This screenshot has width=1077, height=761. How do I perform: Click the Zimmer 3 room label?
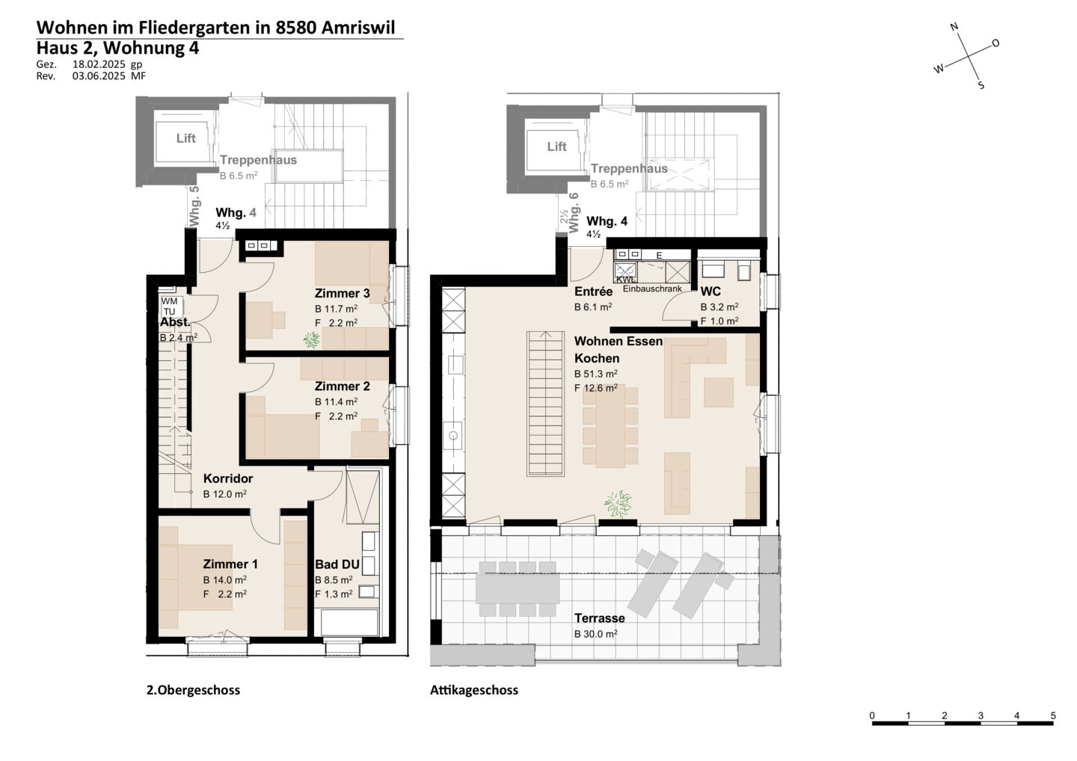click(342, 293)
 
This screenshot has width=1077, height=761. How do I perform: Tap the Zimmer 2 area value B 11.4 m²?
click(336, 401)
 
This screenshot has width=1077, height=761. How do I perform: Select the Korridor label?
click(228, 478)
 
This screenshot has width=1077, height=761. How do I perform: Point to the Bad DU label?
click(337, 564)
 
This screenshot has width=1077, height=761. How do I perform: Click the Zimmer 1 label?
click(230, 564)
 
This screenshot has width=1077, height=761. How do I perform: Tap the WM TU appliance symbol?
click(170, 306)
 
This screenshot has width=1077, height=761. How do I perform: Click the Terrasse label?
click(600, 617)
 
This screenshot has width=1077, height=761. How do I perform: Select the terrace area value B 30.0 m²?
click(595, 634)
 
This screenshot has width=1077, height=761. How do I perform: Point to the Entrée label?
click(593, 292)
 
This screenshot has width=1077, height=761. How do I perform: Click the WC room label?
click(711, 292)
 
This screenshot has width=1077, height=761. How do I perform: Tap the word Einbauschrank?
click(652, 289)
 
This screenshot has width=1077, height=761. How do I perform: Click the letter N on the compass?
click(954, 26)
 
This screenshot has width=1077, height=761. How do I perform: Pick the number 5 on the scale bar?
click(1053, 715)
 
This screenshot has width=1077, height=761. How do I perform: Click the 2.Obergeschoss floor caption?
click(193, 691)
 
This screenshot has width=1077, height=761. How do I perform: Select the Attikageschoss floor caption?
click(474, 691)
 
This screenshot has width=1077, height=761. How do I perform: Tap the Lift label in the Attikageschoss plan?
click(556, 146)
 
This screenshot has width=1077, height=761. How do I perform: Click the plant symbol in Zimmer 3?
click(312, 339)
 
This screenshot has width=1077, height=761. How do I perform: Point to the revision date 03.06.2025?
click(99, 76)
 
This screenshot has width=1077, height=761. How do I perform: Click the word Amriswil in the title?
click(358, 28)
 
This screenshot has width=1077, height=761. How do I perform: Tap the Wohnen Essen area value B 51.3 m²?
click(595, 373)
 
